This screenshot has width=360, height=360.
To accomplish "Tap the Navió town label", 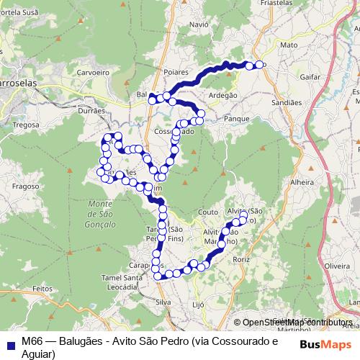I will pos(198,24).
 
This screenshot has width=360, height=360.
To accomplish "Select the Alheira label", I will pos(302,183).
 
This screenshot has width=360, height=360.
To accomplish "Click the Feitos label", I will pos(43,287).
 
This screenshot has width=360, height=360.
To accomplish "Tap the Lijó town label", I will pos(199,305).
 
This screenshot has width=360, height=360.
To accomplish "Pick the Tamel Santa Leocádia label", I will pos(120,282).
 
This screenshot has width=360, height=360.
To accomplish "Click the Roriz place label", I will pos(240,258).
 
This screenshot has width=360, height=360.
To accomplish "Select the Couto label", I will pos(207,212).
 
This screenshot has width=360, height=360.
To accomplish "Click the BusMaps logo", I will pos(325,344).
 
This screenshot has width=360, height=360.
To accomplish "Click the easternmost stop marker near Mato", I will pos(261,65).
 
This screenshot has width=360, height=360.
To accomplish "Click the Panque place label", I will pos(236,117).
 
